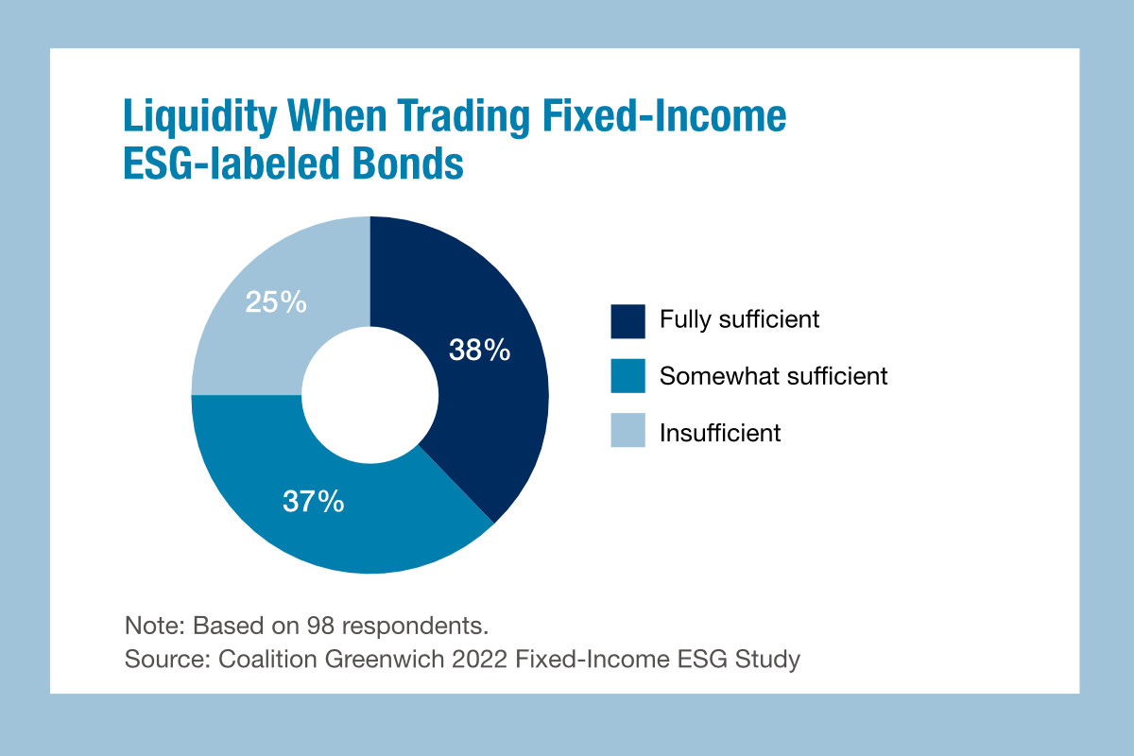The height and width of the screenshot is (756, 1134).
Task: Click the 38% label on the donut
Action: (479, 352)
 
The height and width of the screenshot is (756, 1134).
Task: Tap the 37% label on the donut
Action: (313, 501)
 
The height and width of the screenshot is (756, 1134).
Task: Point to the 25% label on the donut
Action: (276, 302)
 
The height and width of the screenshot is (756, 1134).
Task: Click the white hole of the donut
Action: (369, 394)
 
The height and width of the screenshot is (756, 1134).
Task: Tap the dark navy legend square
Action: (627, 319)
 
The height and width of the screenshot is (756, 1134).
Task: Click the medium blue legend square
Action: (627, 375)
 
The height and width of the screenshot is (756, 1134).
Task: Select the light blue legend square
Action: (627, 432)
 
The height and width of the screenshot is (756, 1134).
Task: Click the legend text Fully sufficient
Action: (739, 319)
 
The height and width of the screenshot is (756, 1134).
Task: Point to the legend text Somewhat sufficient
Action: (773, 376)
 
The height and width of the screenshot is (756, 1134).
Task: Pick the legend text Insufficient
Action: (720, 433)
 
